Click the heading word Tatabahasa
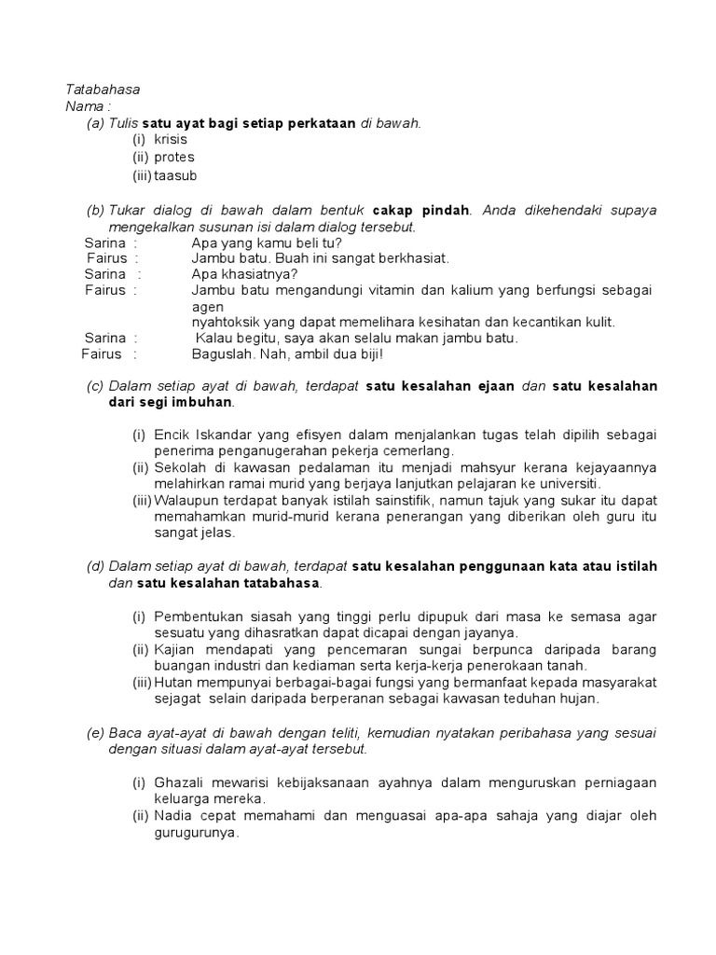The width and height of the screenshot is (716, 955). click(x=102, y=90)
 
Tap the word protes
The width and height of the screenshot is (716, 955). click(x=173, y=158)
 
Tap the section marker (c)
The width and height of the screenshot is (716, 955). click(x=95, y=386)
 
